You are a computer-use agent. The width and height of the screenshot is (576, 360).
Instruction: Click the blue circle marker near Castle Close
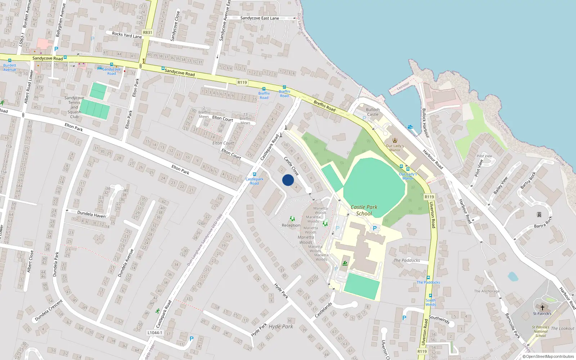[288, 180]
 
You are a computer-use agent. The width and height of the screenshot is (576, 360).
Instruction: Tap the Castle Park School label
[364, 210]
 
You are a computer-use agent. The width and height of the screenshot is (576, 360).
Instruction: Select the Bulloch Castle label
[373, 112]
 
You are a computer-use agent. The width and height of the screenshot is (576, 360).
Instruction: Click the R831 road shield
[148, 32]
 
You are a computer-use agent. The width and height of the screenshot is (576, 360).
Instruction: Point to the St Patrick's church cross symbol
[543, 308]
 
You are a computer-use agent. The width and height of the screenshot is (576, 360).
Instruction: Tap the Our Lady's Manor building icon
[395, 140]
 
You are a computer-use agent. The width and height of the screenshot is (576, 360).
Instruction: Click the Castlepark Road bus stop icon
[255, 174]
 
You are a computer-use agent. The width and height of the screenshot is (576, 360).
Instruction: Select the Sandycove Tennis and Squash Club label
[74, 107]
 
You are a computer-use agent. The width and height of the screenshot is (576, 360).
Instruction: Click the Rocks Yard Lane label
[127, 35]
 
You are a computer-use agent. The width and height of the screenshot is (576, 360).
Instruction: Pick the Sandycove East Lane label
[260, 18]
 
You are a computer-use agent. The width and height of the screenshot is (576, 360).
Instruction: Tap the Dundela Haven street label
[91, 215]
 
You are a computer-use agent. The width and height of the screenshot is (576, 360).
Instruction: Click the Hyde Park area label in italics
[281, 327]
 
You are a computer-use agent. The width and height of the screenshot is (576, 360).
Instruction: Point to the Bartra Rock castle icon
[539, 215]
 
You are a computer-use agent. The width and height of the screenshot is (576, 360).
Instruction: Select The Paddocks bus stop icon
[428, 278]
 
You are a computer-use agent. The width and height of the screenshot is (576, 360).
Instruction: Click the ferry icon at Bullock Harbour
[410, 127]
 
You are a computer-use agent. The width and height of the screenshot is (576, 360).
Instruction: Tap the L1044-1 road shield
[155, 333]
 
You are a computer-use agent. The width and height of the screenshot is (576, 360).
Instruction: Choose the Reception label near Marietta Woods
[291, 225]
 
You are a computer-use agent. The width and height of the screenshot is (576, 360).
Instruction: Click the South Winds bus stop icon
[431, 296]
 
